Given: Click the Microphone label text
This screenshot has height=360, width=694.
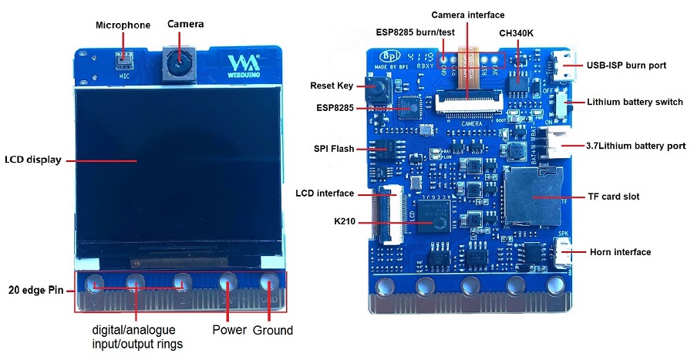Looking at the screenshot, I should point(123,25).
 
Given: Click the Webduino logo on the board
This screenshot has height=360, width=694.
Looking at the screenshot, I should point(243,65).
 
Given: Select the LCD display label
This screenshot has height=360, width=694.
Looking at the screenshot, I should point(32,160).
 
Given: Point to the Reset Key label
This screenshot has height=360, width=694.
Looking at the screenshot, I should point(332,86).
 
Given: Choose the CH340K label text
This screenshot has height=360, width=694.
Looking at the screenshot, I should point(517,32).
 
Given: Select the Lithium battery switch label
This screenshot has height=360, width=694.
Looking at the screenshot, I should point(635,102).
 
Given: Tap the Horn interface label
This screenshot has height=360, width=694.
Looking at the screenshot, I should point(620,252).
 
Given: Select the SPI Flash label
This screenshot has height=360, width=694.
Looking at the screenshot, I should point(334,149).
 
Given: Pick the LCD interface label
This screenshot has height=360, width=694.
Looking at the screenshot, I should point(325,193).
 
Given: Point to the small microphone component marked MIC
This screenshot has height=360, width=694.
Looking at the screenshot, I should point(124,59).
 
